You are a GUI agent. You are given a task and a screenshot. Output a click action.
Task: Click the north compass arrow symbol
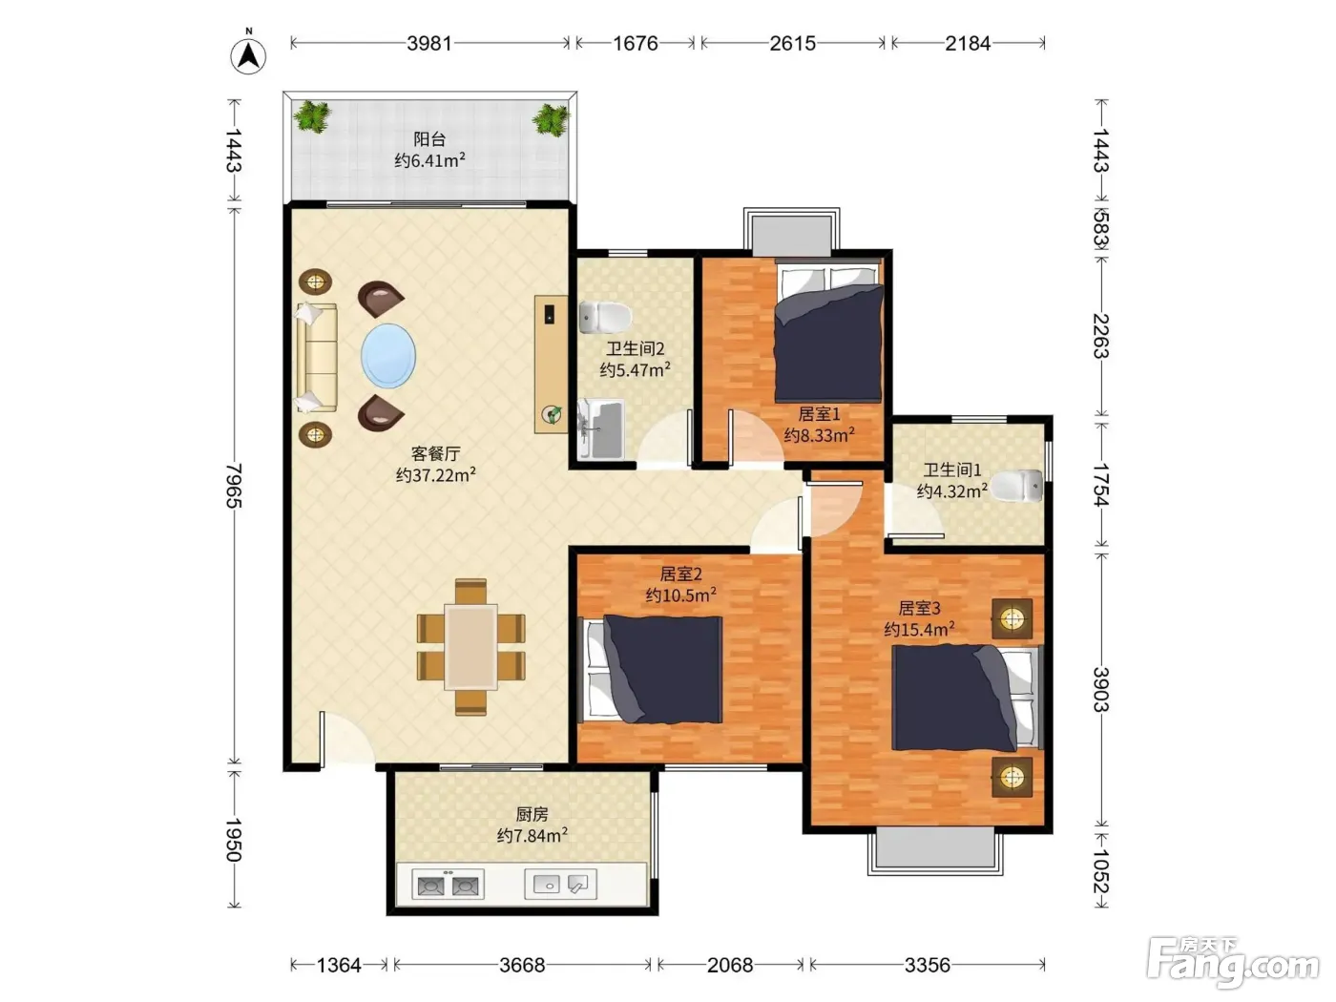point(248,56)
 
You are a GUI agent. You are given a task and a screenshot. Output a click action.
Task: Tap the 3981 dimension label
point(429,43)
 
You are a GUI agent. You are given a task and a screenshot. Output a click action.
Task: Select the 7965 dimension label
point(234,486)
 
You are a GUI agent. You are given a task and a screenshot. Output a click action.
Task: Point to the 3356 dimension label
point(927,965)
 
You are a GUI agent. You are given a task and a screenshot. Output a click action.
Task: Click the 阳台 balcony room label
point(429,139)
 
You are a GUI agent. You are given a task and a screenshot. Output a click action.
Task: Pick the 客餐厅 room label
point(436,453)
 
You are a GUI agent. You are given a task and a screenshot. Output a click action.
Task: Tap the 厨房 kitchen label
point(532,814)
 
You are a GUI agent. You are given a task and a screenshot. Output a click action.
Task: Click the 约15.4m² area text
point(919,629)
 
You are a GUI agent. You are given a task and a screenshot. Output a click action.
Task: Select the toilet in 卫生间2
point(605,317)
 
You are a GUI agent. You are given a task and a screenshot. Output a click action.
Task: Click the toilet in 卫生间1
point(1016,486)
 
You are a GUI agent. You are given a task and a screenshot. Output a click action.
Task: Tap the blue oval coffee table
point(388,356)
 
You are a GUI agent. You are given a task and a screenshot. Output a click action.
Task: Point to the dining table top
point(470,647)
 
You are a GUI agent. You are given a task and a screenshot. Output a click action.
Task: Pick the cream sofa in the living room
point(317,358)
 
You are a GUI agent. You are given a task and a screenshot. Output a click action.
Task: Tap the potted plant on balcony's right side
point(551,119)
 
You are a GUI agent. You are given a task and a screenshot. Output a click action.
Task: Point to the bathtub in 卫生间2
point(601,428)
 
